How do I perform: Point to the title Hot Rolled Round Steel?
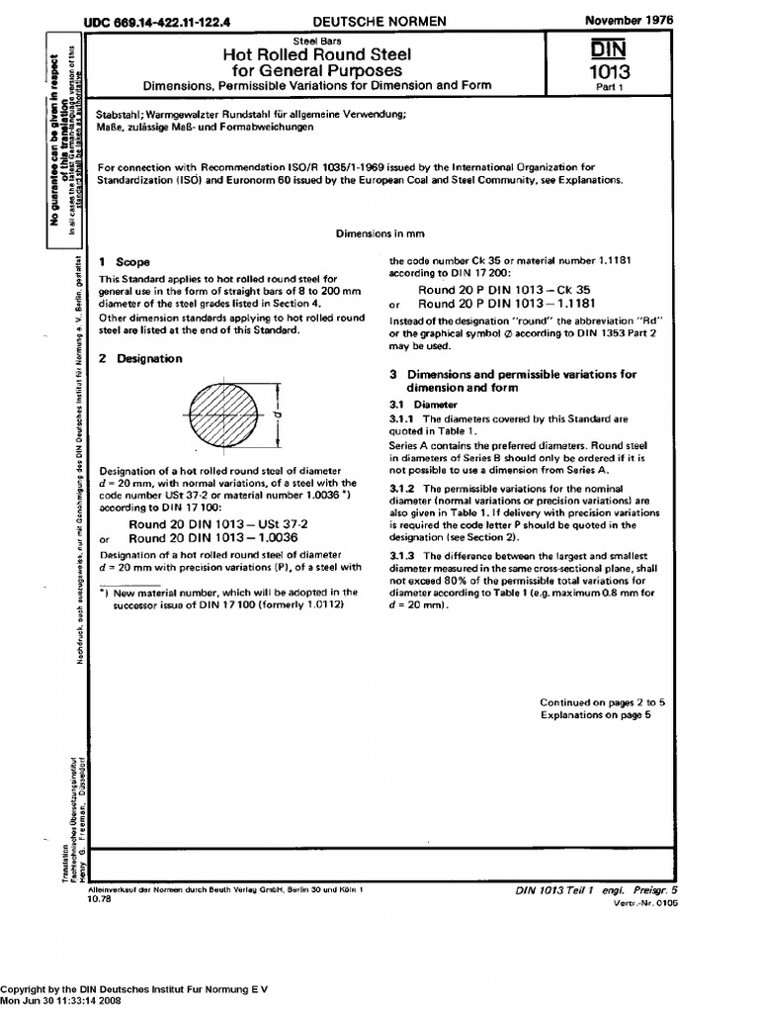tap(316, 54)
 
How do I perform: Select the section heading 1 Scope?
tap(126, 262)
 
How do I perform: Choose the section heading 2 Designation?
tap(141, 359)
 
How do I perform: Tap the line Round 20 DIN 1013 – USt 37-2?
tap(219, 523)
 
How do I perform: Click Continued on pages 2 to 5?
tap(602, 701)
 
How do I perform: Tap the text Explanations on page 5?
tap(595, 714)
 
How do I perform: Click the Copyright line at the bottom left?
tap(133, 989)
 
